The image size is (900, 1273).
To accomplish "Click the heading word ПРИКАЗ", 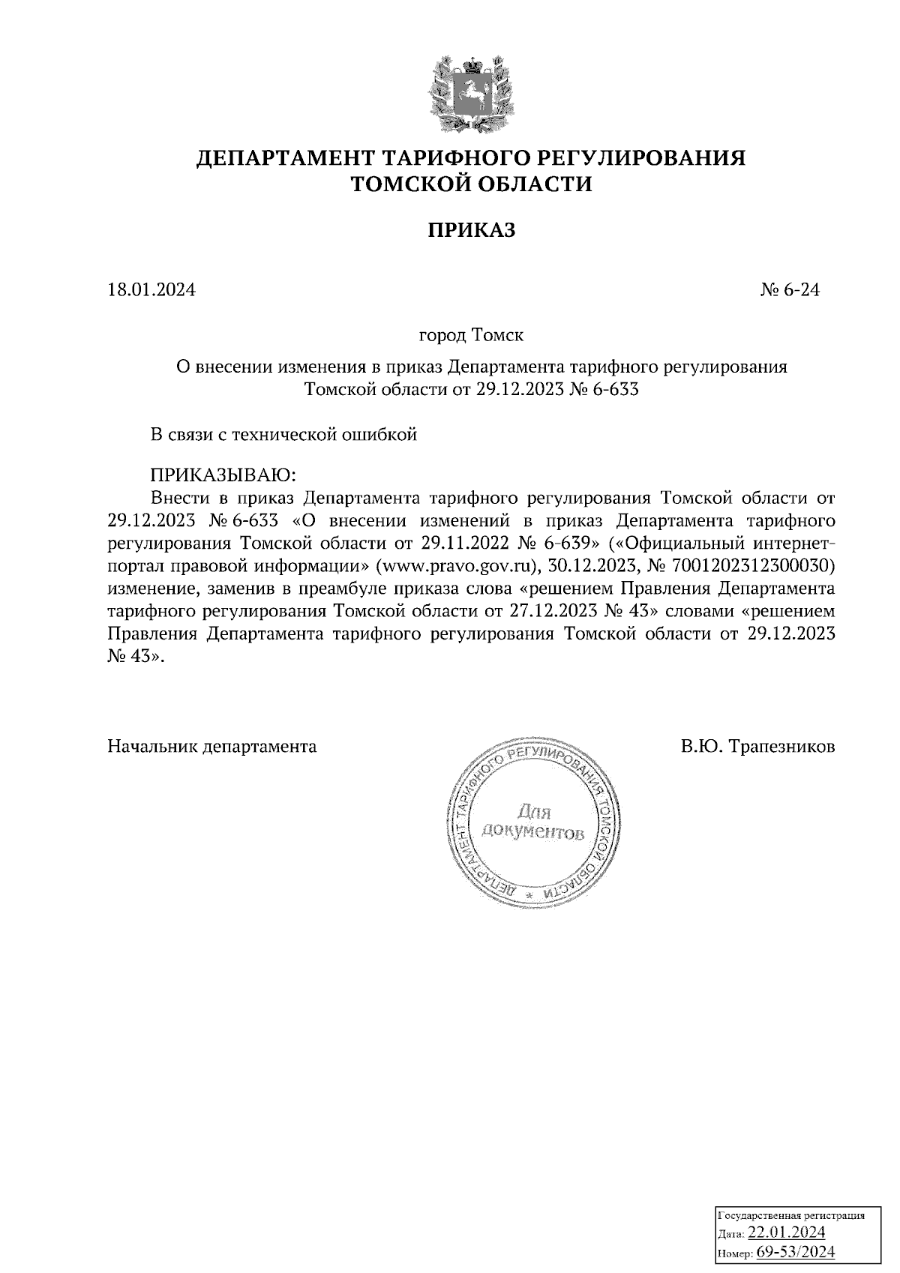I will (x=472, y=230).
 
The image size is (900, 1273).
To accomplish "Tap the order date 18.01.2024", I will (x=151, y=289).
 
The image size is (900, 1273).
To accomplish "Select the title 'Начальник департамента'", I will (x=212, y=747).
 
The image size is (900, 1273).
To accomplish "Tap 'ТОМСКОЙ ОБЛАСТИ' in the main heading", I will (x=472, y=184).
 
